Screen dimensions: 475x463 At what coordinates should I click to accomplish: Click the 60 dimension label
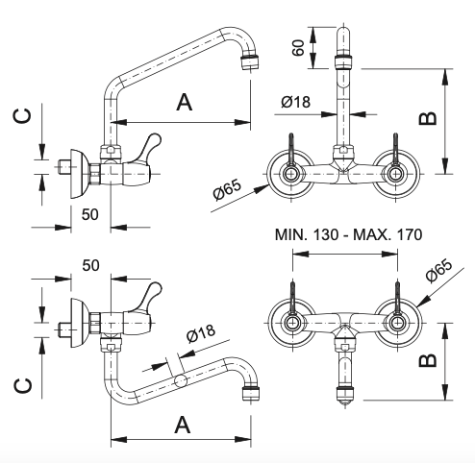point(298,48)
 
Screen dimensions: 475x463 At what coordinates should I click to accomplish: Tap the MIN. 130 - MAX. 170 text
point(348,234)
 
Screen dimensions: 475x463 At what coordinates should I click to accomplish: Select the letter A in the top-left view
point(185,102)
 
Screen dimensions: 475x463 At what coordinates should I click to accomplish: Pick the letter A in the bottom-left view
point(183,425)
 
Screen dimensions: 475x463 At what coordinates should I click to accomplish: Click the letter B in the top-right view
point(428,118)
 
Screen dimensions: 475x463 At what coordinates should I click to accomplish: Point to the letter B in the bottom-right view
point(428,360)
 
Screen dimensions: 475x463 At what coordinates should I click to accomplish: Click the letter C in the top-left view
point(22,116)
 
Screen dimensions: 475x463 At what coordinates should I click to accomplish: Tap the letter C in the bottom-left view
point(23,386)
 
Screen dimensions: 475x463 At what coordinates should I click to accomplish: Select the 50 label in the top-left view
point(90,214)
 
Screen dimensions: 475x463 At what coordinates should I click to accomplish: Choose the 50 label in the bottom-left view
point(90,265)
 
